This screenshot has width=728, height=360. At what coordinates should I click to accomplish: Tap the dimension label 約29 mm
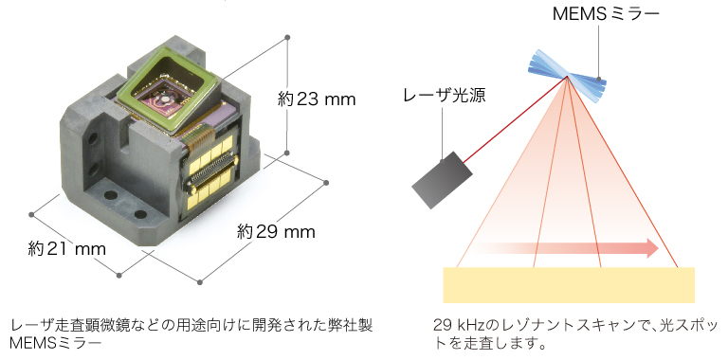(276, 232)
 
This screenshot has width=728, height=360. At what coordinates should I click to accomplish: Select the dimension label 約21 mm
(66, 249)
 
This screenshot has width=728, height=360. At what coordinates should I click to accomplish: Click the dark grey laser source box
(442, 179)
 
